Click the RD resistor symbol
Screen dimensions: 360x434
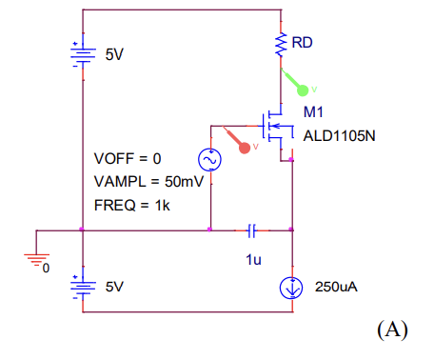281,44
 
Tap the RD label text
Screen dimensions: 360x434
302,44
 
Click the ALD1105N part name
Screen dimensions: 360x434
339,135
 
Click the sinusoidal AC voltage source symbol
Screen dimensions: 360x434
209,161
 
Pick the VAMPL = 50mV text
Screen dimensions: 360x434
148,181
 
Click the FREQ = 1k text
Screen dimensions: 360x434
131,205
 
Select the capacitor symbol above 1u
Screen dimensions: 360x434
251,230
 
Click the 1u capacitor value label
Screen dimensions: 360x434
252,257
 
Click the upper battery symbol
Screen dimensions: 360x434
82,54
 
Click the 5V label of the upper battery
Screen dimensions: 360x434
114,55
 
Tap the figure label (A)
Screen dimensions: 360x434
391,330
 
